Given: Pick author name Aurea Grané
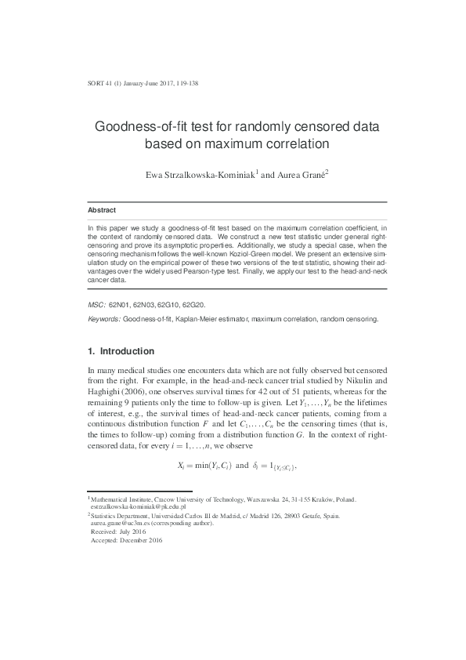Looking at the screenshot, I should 301,175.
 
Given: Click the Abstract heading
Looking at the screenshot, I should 102,211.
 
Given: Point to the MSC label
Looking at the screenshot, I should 96,302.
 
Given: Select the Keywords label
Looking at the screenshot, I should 103,320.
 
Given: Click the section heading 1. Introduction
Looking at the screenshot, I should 121,351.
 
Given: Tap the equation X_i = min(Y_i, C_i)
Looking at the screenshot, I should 206,466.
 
